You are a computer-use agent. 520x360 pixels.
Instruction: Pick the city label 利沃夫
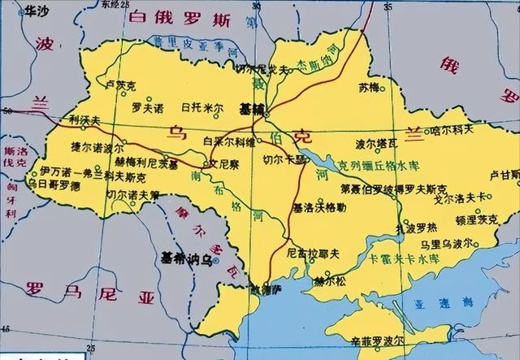point(84,119)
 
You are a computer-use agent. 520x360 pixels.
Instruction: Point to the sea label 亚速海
point(439,301)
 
